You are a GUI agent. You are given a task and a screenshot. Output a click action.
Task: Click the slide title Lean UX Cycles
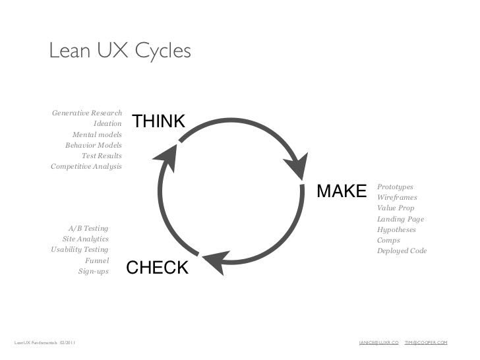(x=120, y=51)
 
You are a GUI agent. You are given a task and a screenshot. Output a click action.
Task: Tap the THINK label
(x=158, y=121)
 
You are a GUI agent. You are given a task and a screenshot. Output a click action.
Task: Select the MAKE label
(x=342, y=191)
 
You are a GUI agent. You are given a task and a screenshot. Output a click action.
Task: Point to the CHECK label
(x=157, y=268)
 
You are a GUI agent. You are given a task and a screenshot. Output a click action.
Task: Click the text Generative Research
(x=87, y=113)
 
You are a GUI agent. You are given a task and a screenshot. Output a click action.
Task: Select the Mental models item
(x=97, y=134)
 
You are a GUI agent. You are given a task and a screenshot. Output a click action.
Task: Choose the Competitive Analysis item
(x=86, y=166)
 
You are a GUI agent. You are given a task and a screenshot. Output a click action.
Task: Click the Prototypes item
(x=395, y=187)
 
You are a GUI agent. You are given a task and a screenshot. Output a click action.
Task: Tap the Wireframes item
(x=397, y=198)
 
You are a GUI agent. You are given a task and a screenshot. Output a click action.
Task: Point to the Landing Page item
(x=400, y=219)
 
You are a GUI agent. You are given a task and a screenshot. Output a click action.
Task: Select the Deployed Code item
(x=402, y=251)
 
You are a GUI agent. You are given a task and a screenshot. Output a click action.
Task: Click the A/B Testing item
(x=88, y=228)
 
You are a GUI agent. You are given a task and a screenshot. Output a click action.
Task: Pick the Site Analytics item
(x=86, y=239)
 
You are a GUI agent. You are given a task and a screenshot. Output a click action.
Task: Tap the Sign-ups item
(x=94, y=271)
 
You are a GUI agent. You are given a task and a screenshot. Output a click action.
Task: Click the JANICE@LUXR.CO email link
(x=378, y=343)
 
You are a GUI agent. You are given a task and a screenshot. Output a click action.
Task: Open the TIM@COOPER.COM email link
(x=426, y=343)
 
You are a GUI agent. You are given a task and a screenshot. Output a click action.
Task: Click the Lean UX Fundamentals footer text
(x=45, y=343)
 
